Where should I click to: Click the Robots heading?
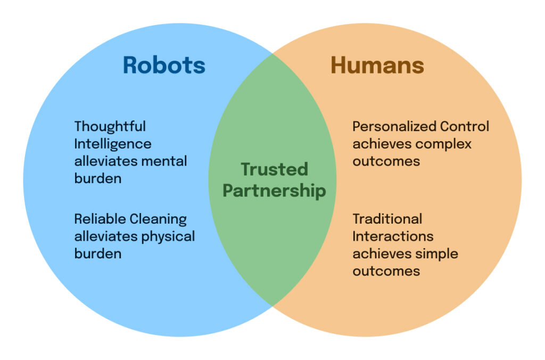(x=164, y=65)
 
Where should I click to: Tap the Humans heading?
(x=377, y=65)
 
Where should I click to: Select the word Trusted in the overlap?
(x=274, y=169)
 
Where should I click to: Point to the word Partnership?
(x=274, y=190)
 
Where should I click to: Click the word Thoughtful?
(x=110, y=127)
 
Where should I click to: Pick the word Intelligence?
(x=113, y=144)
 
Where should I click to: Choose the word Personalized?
(x=394, y=127)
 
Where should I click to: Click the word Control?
(x=464, y=127)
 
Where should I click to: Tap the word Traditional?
(x=387, y=219)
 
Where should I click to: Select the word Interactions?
(x=393, y=236)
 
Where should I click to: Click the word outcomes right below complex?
(x=386, y=161)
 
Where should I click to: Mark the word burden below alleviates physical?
(x=98, y=253)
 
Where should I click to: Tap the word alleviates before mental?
(x=105, y=161)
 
